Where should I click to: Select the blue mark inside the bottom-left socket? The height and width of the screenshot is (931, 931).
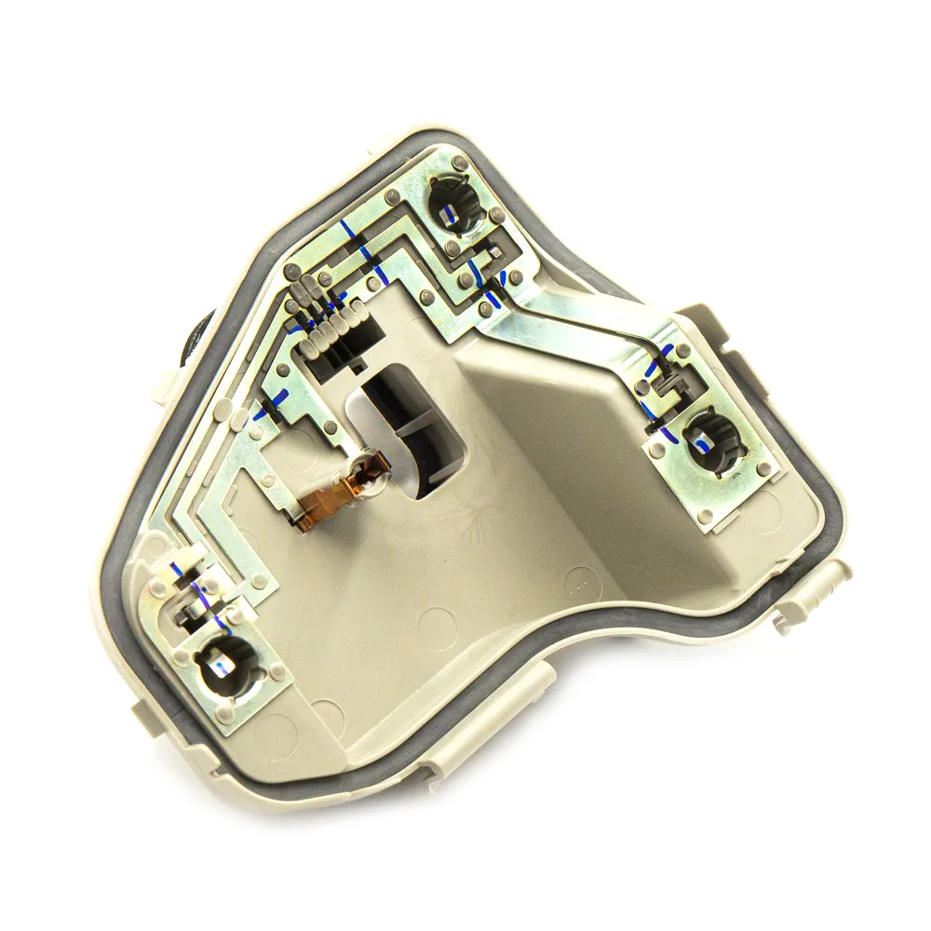[216, 667]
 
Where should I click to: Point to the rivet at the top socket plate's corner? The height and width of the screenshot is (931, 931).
[390, 196]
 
